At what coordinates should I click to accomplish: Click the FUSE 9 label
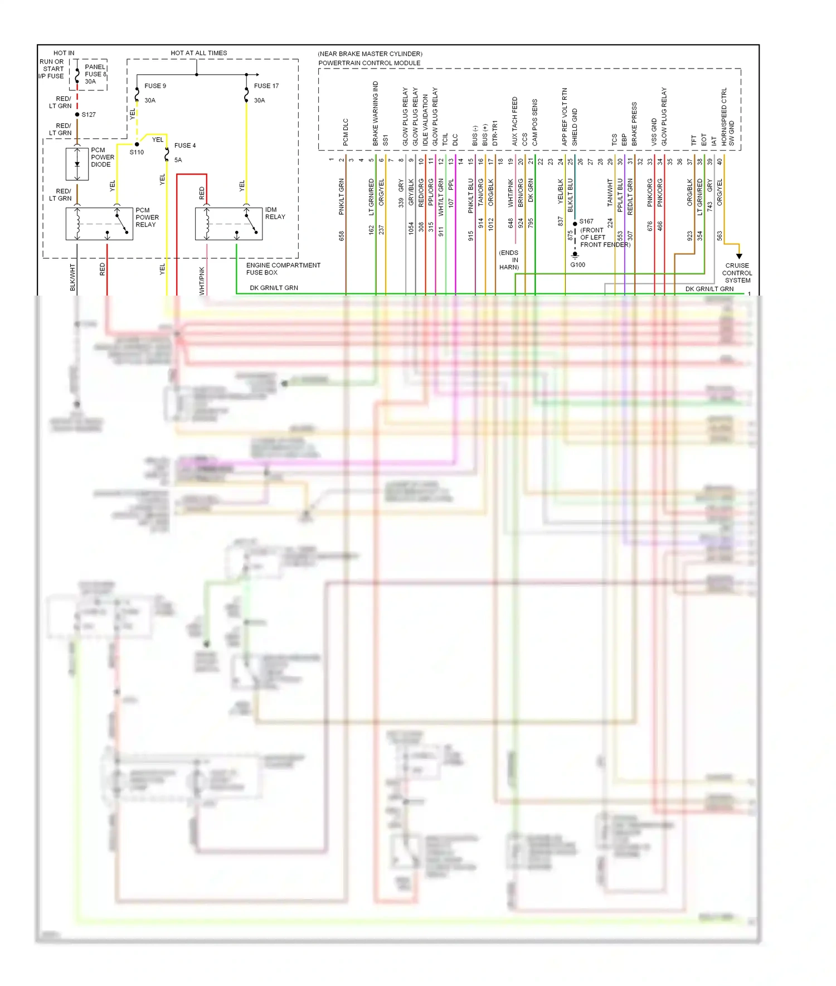[155, 86]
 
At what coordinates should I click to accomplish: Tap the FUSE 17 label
[266, 86]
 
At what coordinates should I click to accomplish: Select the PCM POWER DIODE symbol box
[77, 164]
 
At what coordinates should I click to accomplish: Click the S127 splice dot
[77, 114]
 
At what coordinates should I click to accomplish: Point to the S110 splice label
[137, 152]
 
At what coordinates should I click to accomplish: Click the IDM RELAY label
[275, 213]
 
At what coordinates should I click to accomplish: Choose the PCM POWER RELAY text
[147, 217]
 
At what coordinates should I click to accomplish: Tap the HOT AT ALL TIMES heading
[198, 53]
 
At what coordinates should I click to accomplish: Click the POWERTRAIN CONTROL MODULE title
[369, 63]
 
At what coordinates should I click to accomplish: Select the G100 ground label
[577, 265]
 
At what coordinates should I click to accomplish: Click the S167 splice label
[586, 221]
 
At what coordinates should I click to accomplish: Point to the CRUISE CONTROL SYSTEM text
[737, 273]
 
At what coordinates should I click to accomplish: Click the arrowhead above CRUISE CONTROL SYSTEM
[739, 256]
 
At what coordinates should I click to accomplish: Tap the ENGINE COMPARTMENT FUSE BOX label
[283, 269]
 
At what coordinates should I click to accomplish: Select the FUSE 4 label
[185, 146]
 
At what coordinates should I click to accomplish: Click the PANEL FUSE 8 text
[95, 74]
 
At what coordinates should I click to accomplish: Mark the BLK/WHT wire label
[72, 277]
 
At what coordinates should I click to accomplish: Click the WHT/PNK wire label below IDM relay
[202, 280]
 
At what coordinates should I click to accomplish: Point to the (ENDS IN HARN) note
[509, 260]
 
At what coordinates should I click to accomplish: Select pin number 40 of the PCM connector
[720, 161]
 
